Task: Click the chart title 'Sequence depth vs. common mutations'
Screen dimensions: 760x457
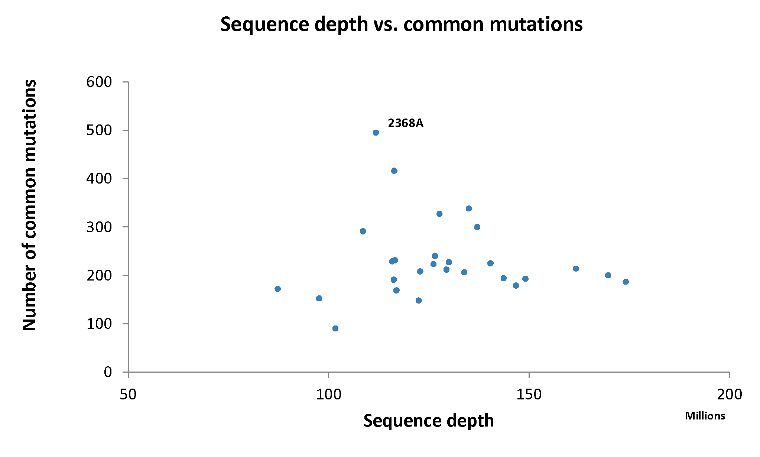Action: [x=402, y=25]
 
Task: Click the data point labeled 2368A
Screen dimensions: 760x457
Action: [x=376, y=133]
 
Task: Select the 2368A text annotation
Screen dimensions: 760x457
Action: [x=406, y=123]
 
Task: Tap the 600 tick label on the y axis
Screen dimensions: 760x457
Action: [x=99, y=82]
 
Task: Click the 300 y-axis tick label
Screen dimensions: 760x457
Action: [x=99, y=227]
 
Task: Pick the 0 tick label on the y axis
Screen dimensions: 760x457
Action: [x=108, y=372]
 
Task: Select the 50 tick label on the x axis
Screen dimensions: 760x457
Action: [x=128, y=394]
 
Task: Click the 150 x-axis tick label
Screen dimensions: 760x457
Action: [x=529, y=394]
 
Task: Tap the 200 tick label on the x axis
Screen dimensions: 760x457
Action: [x=730, y=394]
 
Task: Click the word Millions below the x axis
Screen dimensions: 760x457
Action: [x=705, y=416]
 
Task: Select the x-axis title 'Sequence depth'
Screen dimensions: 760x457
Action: [x=429, y=421]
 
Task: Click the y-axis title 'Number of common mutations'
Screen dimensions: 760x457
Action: [x=30, y=205]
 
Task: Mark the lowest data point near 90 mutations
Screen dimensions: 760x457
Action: [x=335, y=328]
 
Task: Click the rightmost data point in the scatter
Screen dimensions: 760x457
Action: [x=626, y=282]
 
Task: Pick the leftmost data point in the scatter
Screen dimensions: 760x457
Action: [x=277, y=289]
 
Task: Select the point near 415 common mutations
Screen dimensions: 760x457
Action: [x=394, y=171]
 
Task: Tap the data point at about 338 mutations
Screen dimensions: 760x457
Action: [x=469, y=208]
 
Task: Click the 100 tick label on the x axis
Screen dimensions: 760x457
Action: [x=329, y=394]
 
